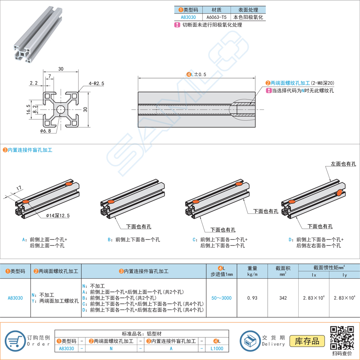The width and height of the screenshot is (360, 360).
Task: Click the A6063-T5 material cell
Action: [x=216, y=17]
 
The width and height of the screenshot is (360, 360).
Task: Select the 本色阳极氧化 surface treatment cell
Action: [x=248, y=17]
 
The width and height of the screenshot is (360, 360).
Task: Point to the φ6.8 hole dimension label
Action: [x=46, y=130]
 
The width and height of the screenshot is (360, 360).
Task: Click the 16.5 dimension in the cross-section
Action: [x=28, y=109]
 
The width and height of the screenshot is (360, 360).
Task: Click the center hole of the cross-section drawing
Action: [x=61, y=109]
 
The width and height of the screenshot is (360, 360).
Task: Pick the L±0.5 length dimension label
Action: [x=197, y=74]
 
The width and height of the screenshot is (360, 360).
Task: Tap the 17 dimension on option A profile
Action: [x=19, y=189]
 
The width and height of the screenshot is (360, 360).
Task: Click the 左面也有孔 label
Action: [x=343, y=164]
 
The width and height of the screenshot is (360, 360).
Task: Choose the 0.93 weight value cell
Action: [x=252, y=298]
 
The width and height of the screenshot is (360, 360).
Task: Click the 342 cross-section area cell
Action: [x=283, y=298]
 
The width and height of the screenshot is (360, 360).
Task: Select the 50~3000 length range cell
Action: [x=222, y=298]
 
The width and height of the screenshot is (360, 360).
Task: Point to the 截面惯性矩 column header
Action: [x=329, y=267]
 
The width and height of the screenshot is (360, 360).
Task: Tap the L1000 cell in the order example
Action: [x=217, y=349]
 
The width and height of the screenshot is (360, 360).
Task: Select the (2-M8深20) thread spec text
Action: [x=322, y=83]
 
